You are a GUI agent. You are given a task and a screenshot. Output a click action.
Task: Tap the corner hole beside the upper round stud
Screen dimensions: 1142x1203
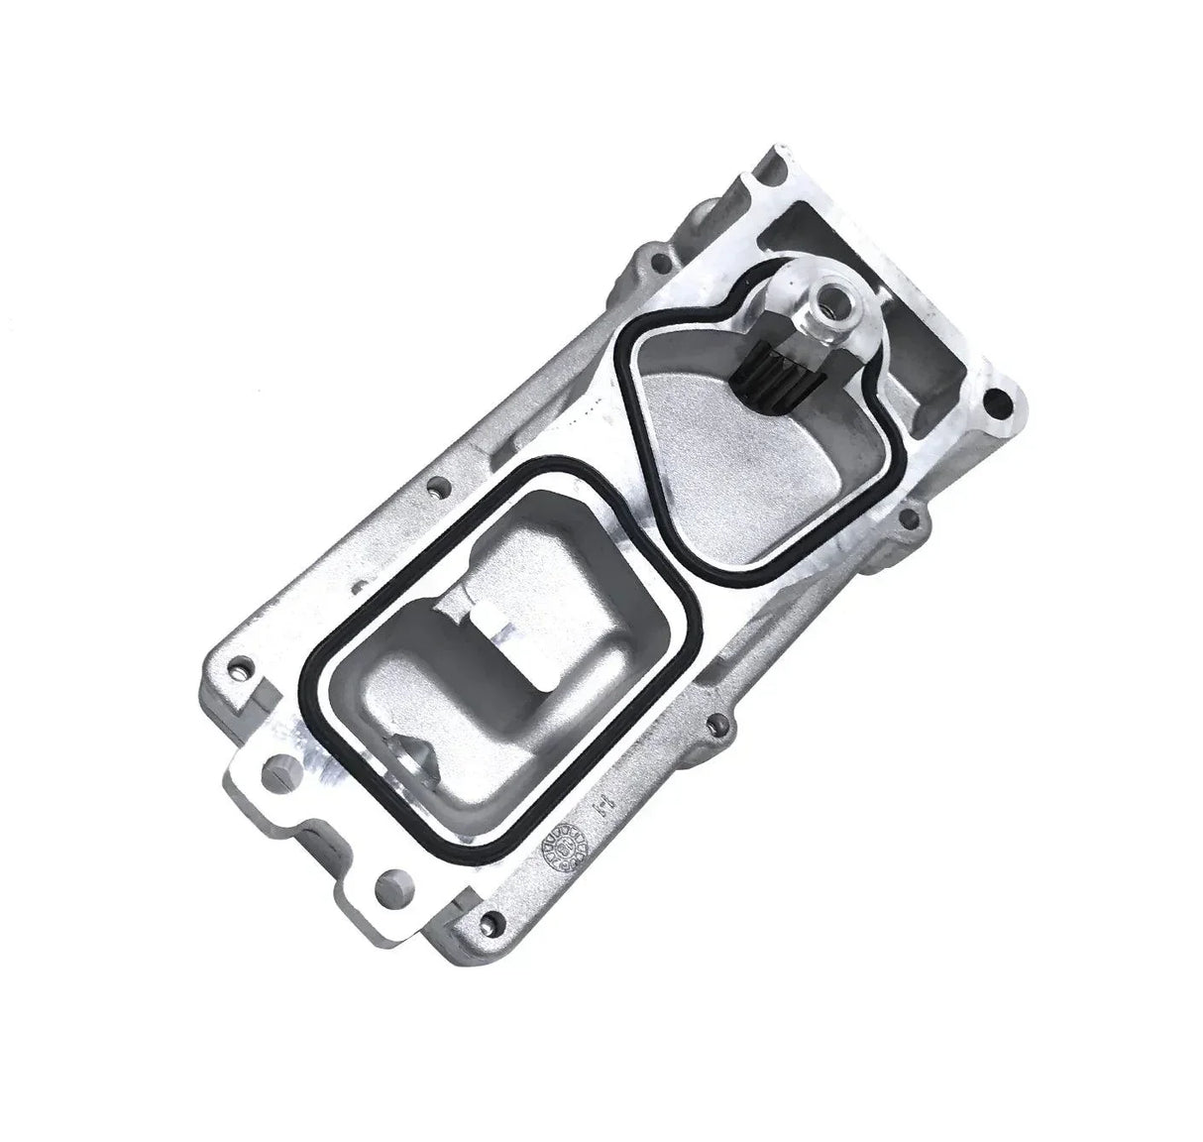click(239, 670)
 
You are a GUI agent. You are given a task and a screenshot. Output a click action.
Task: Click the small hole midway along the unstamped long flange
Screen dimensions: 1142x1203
click(434, 488)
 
